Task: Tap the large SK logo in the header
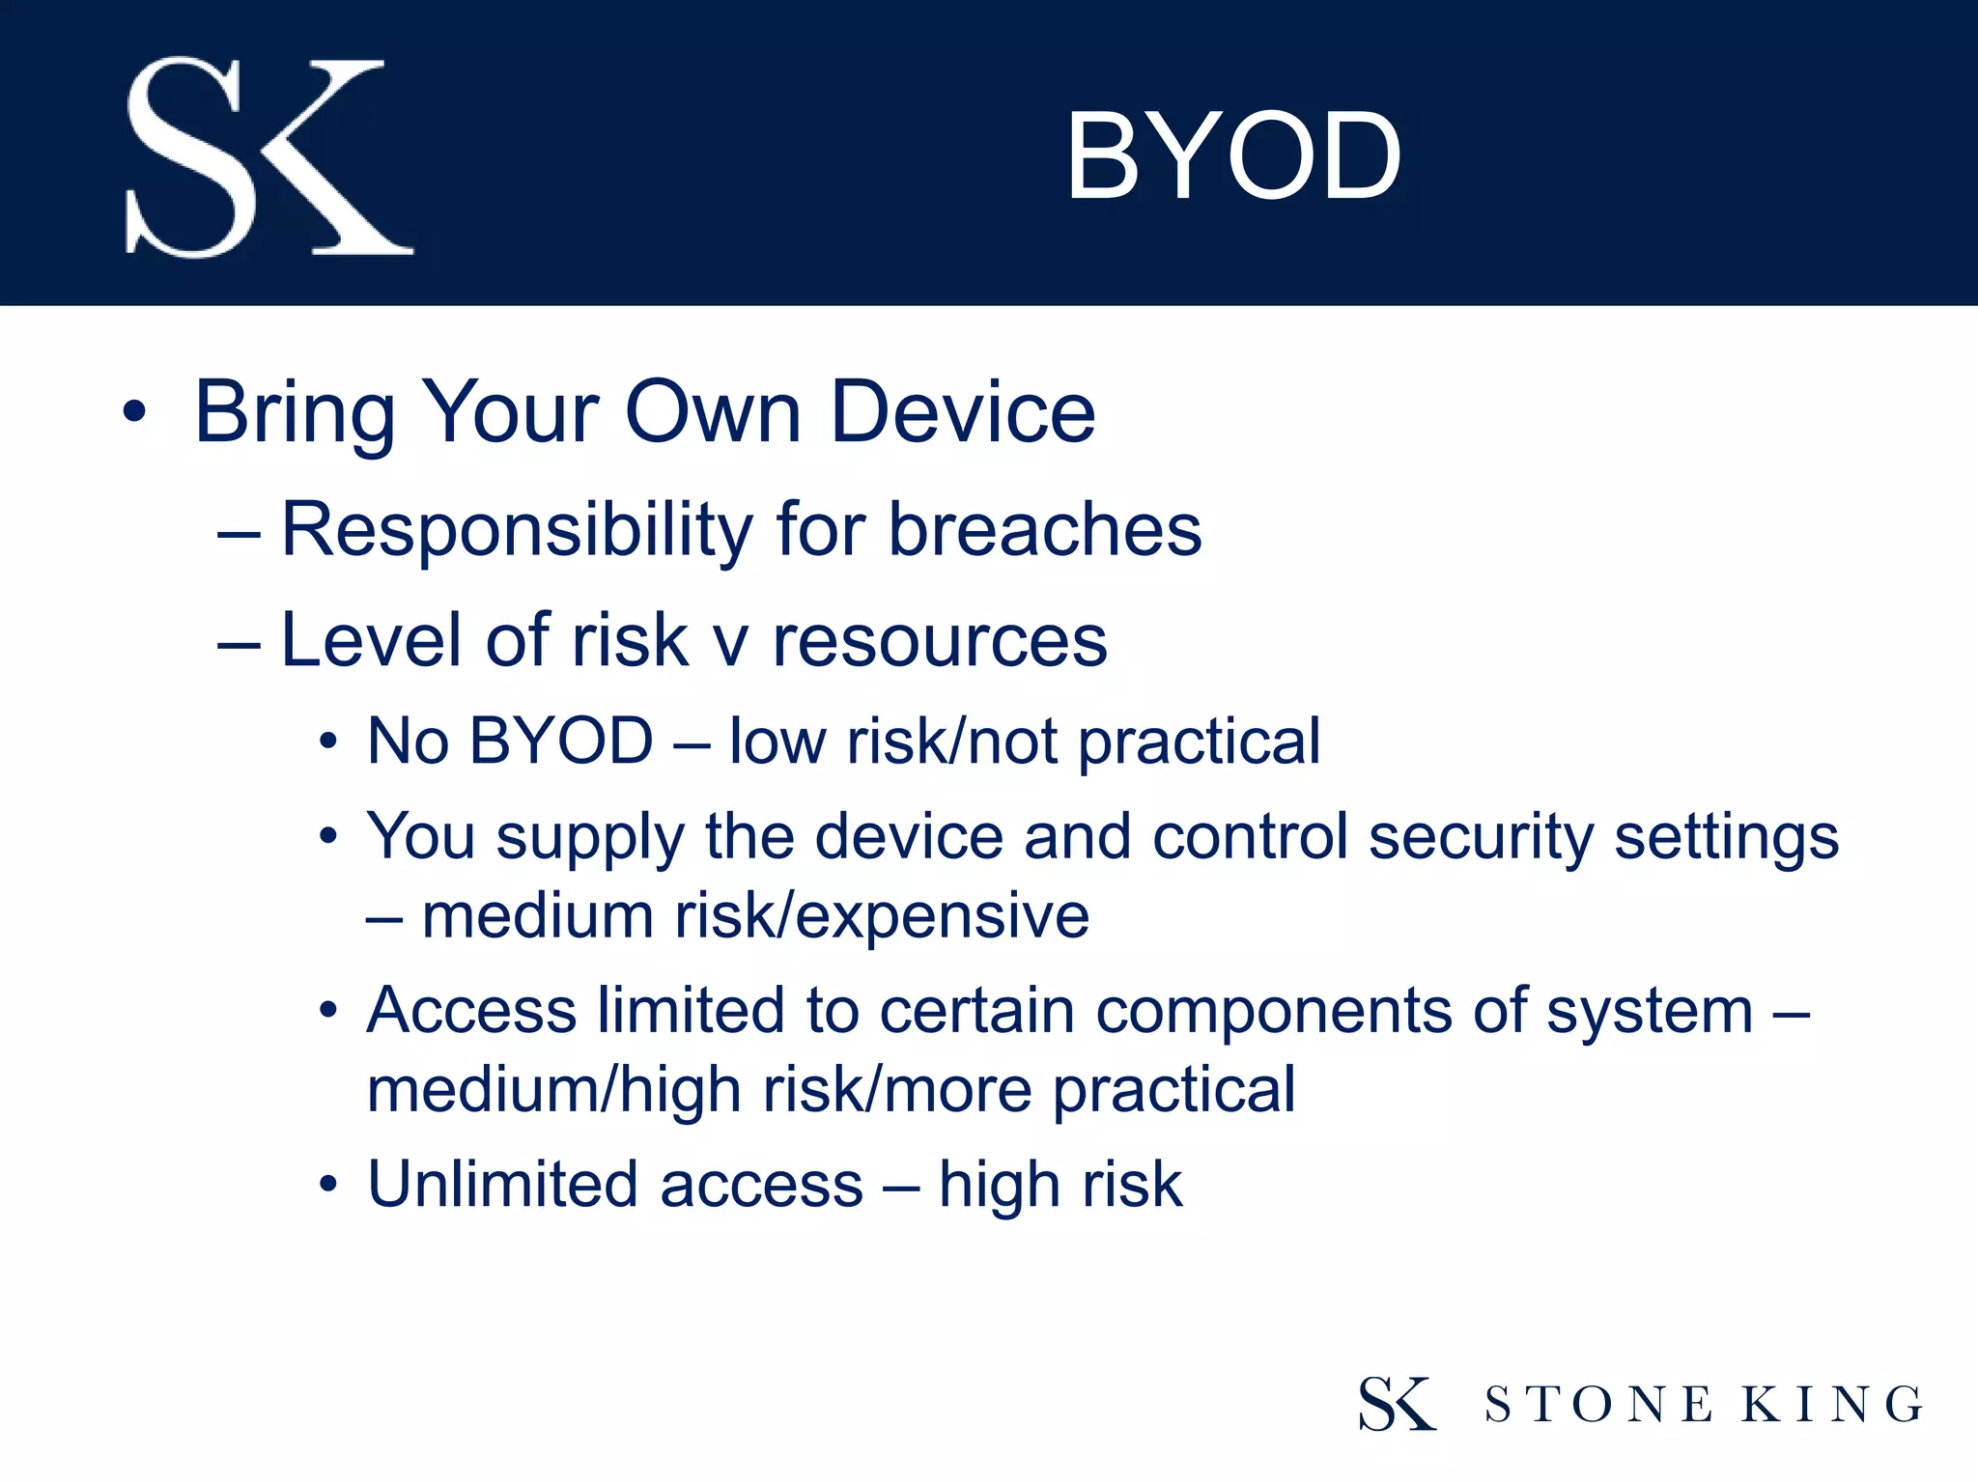pyautogui.click(x=268, y=157)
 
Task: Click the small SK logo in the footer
pyautogui.click(x=1397, y=1403)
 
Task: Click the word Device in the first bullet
pyautogui.click(x=962, y=412)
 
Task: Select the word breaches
pyautogui.click(x=1045, y=530)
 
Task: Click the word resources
pyautogui.click(x=940, y=641)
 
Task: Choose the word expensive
pyautogui.click(x=943, y=917)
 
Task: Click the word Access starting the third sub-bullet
pyautogui.click(x=471, y=1011)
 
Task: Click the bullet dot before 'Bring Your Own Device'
pyautogui.click(x=134, y=413)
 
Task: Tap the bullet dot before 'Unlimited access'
pyautogui.click(x=329, y=1185)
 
